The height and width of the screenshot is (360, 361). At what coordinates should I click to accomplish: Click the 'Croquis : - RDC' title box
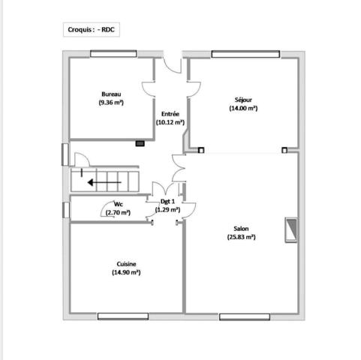(x=92, y=29)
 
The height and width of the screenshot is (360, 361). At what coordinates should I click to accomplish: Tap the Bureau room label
(x=111, y=94)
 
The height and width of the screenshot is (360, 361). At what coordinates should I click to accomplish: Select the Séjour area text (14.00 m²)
(x=243, y=108)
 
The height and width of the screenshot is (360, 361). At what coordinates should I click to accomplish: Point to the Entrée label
(x=170, y=114)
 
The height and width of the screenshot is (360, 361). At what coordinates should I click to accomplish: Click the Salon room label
(x=241, y=229)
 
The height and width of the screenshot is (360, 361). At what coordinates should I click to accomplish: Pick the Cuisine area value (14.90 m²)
(x=126, y=272)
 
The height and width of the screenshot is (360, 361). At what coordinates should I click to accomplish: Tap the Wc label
(x=119, y=204)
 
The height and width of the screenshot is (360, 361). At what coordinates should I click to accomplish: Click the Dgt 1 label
(x=167, y=201)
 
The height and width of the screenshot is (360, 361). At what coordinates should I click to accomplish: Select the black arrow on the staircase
(x=104, y=182)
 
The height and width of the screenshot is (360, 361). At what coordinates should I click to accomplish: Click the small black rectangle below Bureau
(x=140, y=143)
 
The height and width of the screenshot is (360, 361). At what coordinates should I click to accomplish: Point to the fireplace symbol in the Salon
(x=291, y=230)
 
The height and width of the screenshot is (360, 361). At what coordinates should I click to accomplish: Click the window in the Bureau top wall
(x=113, y=54)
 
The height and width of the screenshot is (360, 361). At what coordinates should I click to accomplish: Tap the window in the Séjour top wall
(x=245, y=54)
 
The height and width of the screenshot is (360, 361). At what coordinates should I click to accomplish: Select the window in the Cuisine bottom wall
(x=123, y=316)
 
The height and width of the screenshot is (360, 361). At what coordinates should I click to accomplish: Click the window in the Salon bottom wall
(x=245, y=317)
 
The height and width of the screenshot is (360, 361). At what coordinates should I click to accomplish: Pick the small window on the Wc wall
(x=66, y=210)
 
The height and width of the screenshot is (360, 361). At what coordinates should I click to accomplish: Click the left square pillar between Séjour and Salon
(x=201, y=150)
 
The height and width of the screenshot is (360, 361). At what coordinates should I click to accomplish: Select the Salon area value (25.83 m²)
(x=242, y=237)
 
